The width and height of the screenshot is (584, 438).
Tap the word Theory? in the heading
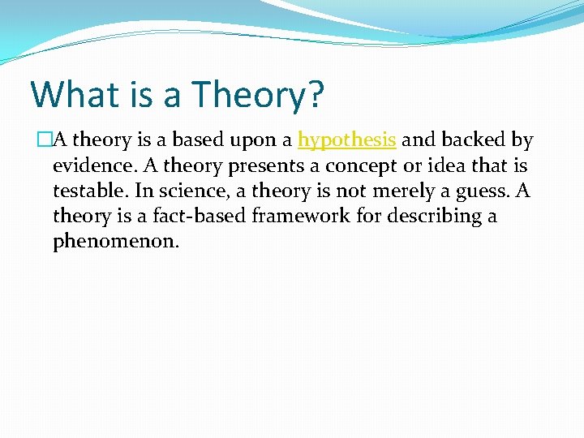pos(258,96)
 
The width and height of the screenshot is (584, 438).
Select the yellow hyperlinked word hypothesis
pos(347,140)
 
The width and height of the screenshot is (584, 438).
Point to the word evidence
pos(88,165)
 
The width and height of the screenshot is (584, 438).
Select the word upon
pos(262,141)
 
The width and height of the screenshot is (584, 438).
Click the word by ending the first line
pos(523,141)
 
